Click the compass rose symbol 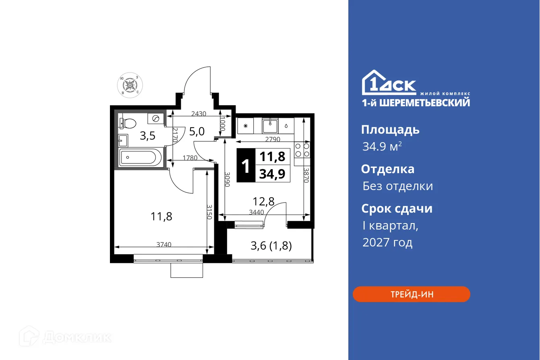(x=130, y=85)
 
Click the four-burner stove (x=302, y=150)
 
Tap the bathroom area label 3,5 (x=147, y=136)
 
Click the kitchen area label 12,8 (x=263, y=201)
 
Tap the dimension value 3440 (x=257, y=212)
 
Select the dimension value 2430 (x=199, y=114)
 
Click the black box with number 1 (x=245, y=166)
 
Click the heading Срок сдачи (x=397, y=209)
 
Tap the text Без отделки (x=397, y=186)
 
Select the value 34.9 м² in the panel (x=382, y=147)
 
